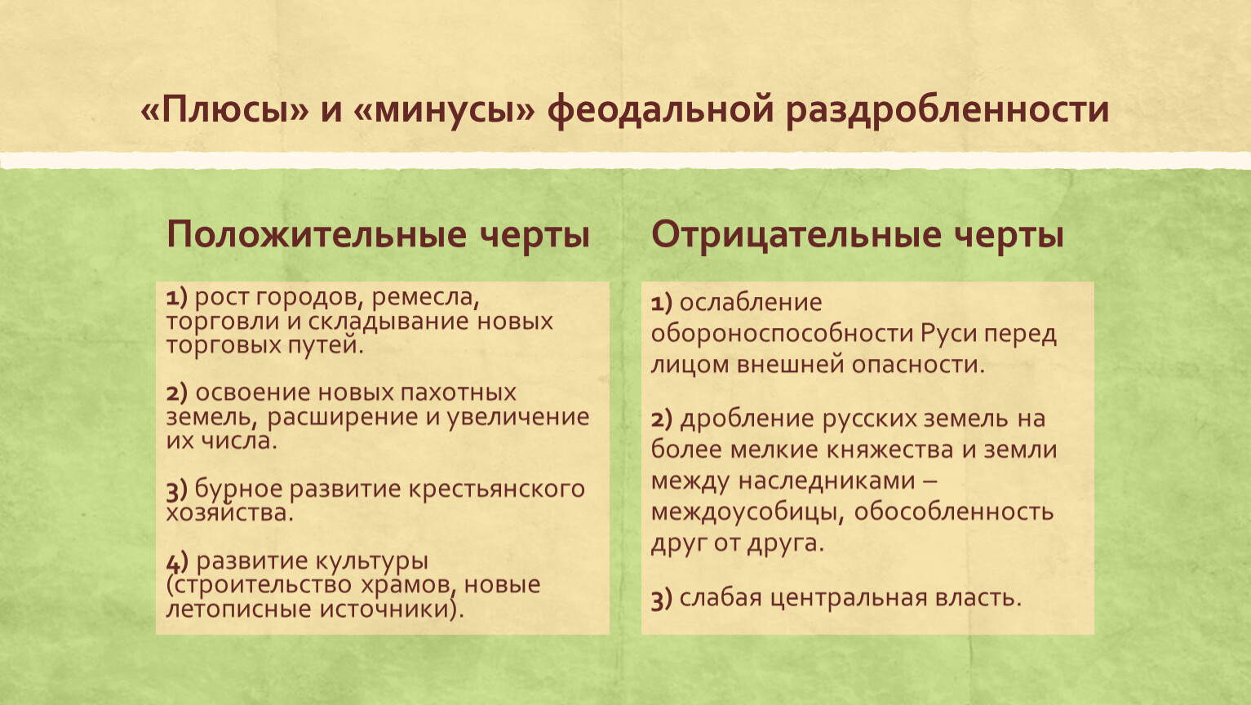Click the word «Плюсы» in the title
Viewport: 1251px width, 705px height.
tap(224, 109)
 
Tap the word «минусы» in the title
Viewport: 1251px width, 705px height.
tap(444, 110)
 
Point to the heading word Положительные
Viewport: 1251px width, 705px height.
tap(316, 235)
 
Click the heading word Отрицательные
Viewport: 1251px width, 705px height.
tap(796, 235)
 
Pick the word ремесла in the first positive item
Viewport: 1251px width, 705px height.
tap(425, 297)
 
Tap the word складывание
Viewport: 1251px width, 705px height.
tap(388, 321)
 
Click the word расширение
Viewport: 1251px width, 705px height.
tap(343, 417)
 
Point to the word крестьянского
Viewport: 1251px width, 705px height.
tap(496, 490)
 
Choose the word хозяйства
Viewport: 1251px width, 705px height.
tap(229, 512)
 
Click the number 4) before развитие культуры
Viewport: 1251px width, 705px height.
tap(177, 562)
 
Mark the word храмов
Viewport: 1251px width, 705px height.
tap(406, 585)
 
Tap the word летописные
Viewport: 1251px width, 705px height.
tap(238, 609)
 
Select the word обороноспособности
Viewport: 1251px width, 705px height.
tap(782, 334)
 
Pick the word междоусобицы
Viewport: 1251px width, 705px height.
tap(748, 512)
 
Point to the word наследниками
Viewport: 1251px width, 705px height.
tap(827, 481)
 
